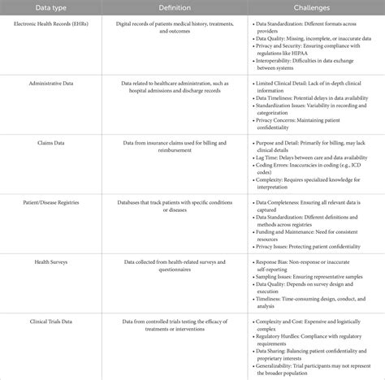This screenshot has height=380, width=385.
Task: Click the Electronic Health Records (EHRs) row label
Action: [60, 23]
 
